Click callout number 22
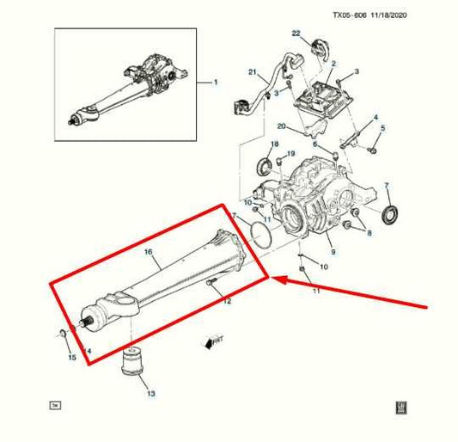click(x=296, y=34)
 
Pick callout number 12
click(x=227, y=302)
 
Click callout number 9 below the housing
click(x=333, y=253)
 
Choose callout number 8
click(x=369, y=232)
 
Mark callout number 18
click(x=275, y=144)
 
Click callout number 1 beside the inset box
click(x=216, y=83)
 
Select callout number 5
click(x=383, y=128)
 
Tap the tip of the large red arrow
click(x=273, y=278)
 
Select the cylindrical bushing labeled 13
click(x=131, y=363)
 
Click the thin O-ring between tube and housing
click(x=255, y=236)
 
